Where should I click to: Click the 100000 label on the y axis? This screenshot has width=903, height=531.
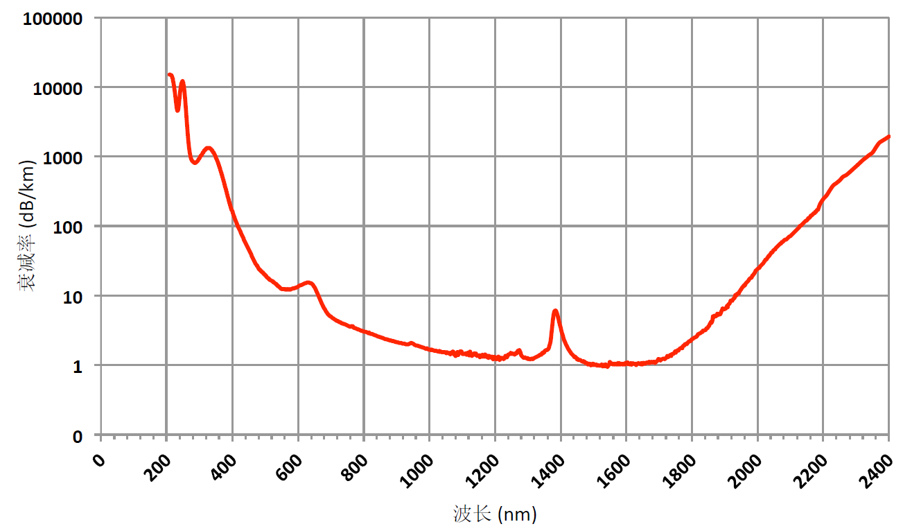53,19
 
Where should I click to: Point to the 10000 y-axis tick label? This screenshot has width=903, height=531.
58,88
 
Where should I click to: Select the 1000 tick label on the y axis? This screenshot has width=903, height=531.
63,157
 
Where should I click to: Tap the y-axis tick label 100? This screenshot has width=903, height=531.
68,227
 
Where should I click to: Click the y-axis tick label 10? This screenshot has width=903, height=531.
73,296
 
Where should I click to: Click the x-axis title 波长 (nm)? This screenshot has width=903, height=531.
495,514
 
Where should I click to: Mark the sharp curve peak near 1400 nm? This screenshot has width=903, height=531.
555,311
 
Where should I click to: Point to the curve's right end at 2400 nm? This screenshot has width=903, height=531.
888,137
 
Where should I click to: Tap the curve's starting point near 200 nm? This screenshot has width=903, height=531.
169,75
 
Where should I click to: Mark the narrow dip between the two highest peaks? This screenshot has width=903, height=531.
177,109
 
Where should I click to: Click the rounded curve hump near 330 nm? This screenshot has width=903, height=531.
208,148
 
